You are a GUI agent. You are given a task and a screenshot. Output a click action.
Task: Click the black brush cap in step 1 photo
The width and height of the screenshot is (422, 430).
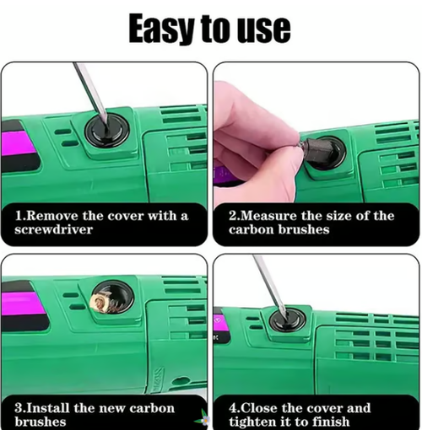coord(108,132)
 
